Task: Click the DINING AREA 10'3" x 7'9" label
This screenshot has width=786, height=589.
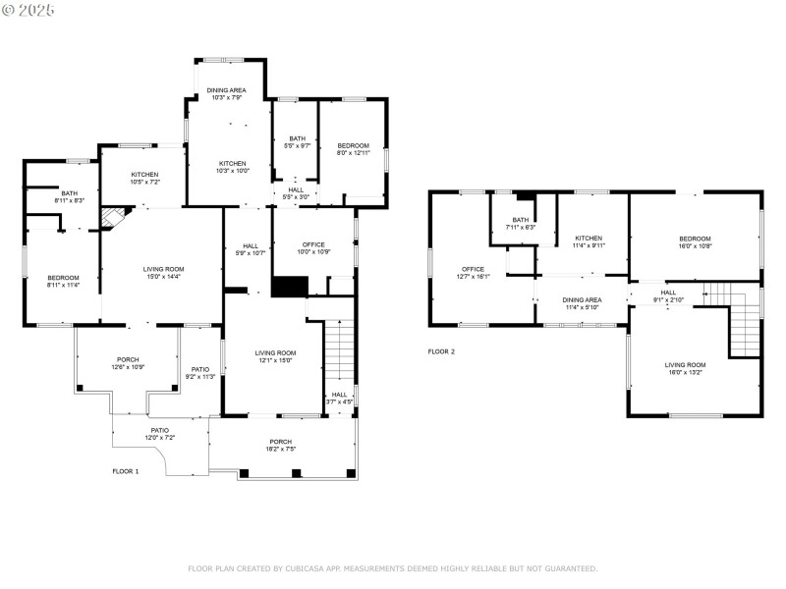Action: (226, 94)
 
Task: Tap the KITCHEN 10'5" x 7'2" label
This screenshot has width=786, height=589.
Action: (144, 178)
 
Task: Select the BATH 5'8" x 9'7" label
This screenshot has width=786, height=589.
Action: (297, 141)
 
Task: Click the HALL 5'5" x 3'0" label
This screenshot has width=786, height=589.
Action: (296, 193)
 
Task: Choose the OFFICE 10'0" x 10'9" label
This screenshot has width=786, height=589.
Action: (313, 248)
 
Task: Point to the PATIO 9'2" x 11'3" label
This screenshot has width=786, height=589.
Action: (199, 373)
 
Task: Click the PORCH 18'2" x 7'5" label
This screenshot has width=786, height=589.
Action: (281, 446)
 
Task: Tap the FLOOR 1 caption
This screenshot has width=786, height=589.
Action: (126, 471)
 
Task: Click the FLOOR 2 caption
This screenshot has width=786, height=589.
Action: (441, 350)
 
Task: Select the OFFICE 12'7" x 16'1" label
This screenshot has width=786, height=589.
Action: (474, 273)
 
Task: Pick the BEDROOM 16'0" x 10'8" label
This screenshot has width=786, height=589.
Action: (694, 242)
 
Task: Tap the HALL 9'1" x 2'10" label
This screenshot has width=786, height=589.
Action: (668, 295)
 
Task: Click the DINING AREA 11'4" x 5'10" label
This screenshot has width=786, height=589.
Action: (582, 303)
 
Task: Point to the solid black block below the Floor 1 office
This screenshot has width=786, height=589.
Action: (290, 287)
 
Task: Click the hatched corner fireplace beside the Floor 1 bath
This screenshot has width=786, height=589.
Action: (114, 217)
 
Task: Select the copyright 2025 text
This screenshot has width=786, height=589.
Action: (28, 9)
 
